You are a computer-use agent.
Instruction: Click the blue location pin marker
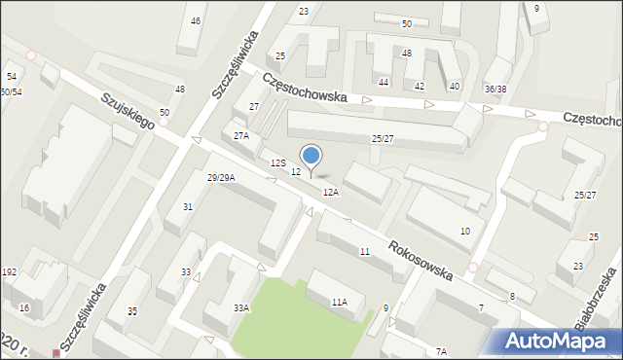[x=311, y=157]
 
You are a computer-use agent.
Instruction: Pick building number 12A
[x=331, y=193]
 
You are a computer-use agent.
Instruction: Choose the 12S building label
[x=278, y=162]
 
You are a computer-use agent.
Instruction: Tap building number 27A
[x=240, y=136]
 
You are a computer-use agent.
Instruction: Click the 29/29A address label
[x=221, y=177]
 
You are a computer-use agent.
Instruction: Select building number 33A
[x=240, y=307]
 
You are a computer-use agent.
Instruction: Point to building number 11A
[x=338, y=303]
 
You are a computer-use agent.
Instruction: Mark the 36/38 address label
[x=495, y=90]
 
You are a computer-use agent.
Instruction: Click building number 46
[x=196, y=21]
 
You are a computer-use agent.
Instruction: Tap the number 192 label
[x=10, y=272]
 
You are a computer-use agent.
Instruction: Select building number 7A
[x=441, y=351]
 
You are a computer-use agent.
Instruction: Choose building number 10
[x=465, y=231]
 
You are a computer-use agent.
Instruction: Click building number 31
[x=188, y=206]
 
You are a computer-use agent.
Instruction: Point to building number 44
[x=384, y=83]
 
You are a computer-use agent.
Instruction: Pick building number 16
[x=24, y=307]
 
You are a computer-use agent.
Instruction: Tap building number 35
[x=132, y=310]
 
